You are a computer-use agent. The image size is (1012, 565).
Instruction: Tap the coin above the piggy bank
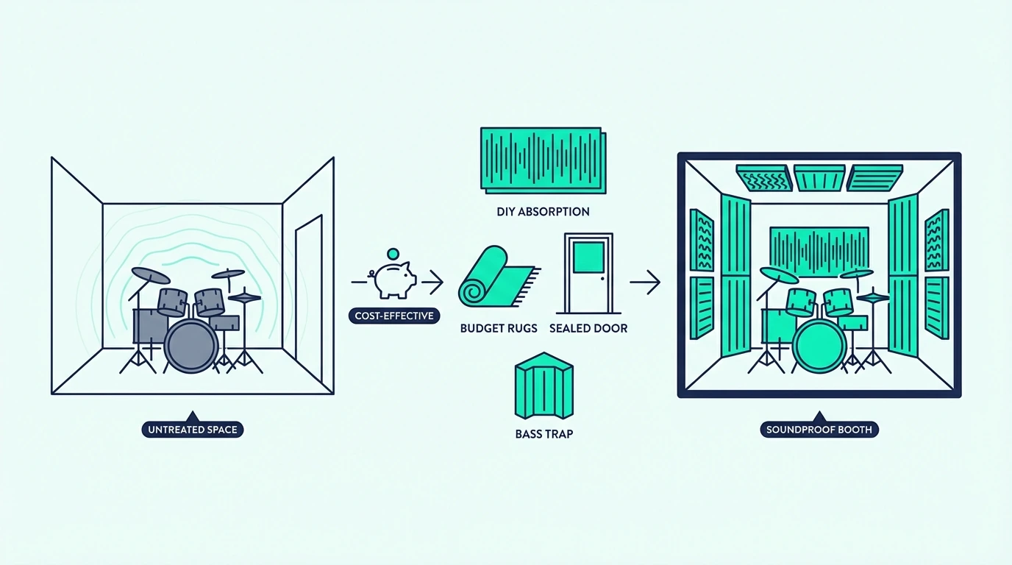pyautogui.click(x=393, y=254)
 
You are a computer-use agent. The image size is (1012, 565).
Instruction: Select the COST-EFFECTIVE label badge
pyautogui.click(x=394, y=316)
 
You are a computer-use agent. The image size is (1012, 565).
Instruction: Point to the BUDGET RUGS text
pyautogui.click(x=499, y=328)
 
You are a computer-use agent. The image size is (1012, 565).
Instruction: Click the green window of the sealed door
pyautogui.click(x=588, y=257)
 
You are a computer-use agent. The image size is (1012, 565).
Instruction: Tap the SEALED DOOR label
pyautogui.click(x=588, y=328)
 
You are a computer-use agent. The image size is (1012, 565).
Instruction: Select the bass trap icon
pyautogui.click(x=544, y=385)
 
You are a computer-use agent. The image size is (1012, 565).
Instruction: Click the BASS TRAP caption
pyautogui.click(x=544, y=434)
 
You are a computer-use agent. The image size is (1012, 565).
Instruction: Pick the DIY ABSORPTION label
pyautogui.click(x=543, y=212)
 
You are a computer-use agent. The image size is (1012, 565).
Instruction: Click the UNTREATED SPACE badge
pyautogui.click(x=193, y=430)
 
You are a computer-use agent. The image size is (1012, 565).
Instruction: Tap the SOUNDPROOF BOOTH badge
pyautogui.click(x=819, y=430)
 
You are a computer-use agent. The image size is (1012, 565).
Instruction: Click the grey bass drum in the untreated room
pyautogui.click(x=191, y=346)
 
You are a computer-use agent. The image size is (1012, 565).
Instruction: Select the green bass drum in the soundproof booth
pyautogui.click(x=819, y=346)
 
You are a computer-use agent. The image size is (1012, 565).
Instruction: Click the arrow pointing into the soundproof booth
pyautogui.click(x=645, y=282)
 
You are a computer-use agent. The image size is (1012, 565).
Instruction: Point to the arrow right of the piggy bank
pyautogui.click(x=432, y=282)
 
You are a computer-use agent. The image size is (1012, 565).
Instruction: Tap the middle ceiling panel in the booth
pyautogui.click(x=819, y=177)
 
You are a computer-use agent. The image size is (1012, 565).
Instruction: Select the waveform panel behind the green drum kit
pyautogui.click(x=819, y=252)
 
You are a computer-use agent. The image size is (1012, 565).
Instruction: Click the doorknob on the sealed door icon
pyautogui.click(x=602, y=279)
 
